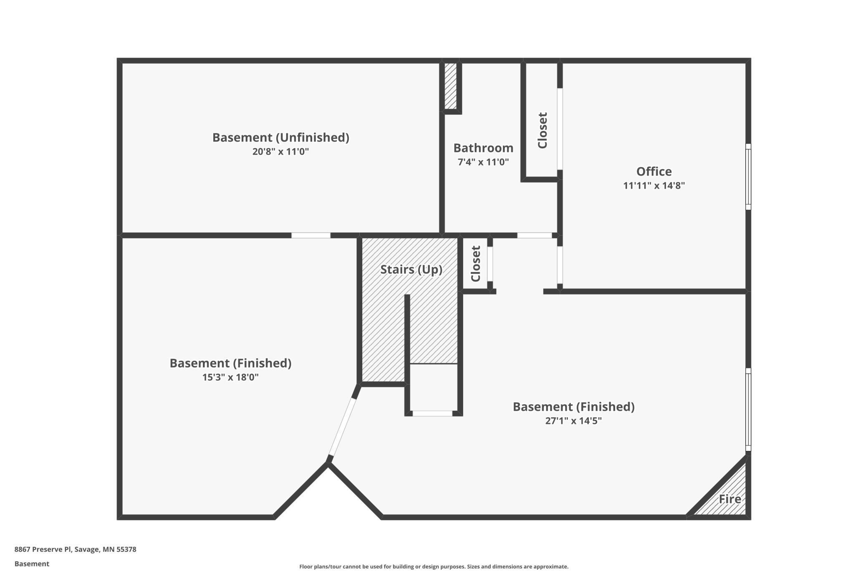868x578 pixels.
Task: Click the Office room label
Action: (654, 171)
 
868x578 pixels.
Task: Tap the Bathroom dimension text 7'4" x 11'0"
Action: (483, 162)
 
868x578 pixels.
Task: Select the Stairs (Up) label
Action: (411, 269)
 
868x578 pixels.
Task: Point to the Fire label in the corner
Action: (729, 499)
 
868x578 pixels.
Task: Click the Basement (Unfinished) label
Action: (280, 137)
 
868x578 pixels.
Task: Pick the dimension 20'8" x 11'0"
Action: (280, 151)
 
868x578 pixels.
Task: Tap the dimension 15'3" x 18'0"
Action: (230, 377)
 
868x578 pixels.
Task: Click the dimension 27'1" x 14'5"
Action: (573, 421)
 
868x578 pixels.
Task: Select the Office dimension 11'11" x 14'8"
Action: (654, 186)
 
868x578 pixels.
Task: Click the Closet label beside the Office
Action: (542, 130)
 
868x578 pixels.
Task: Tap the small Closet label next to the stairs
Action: (476, 264)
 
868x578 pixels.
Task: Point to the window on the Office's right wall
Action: (748, 177)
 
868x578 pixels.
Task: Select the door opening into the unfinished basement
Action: (311, 236)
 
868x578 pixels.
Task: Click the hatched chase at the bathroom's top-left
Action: (450, 86)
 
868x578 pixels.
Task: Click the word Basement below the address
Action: (32, 564)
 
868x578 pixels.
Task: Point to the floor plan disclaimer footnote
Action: (434, 566)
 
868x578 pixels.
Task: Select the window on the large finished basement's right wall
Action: (748, 410)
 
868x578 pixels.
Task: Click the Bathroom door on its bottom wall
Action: (535, 236)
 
